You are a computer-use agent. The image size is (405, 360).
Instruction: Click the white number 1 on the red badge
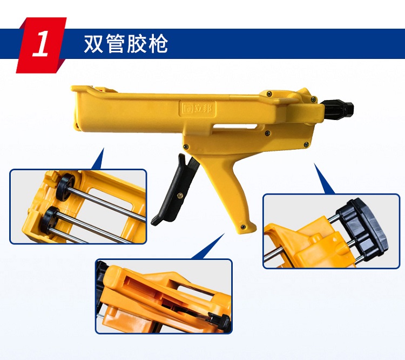pos(40,44)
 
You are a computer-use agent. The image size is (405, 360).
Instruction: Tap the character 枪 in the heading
pos(158,44)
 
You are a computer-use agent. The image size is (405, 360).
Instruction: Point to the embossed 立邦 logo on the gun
pos(198,108)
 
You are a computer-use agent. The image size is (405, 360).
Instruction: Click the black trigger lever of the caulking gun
pos(176,191)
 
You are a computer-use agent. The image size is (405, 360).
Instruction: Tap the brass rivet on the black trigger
pos(180,196)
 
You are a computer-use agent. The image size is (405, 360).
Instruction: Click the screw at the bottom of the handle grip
pos(243,227)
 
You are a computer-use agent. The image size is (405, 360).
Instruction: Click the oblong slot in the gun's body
pos(235,126)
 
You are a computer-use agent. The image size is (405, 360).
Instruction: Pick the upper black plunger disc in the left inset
pos(65,187)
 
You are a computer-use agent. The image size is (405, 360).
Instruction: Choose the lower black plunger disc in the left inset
pos(50,220)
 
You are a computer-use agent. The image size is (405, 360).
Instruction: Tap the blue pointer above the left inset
pos(98,159)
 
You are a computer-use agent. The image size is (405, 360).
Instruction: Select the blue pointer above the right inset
pos(323,178)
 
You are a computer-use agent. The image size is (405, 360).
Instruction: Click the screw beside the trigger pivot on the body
pos(186,146)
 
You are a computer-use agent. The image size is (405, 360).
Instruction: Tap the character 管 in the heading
pos(115,44)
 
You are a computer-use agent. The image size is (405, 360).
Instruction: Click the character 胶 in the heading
pos(137,44)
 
